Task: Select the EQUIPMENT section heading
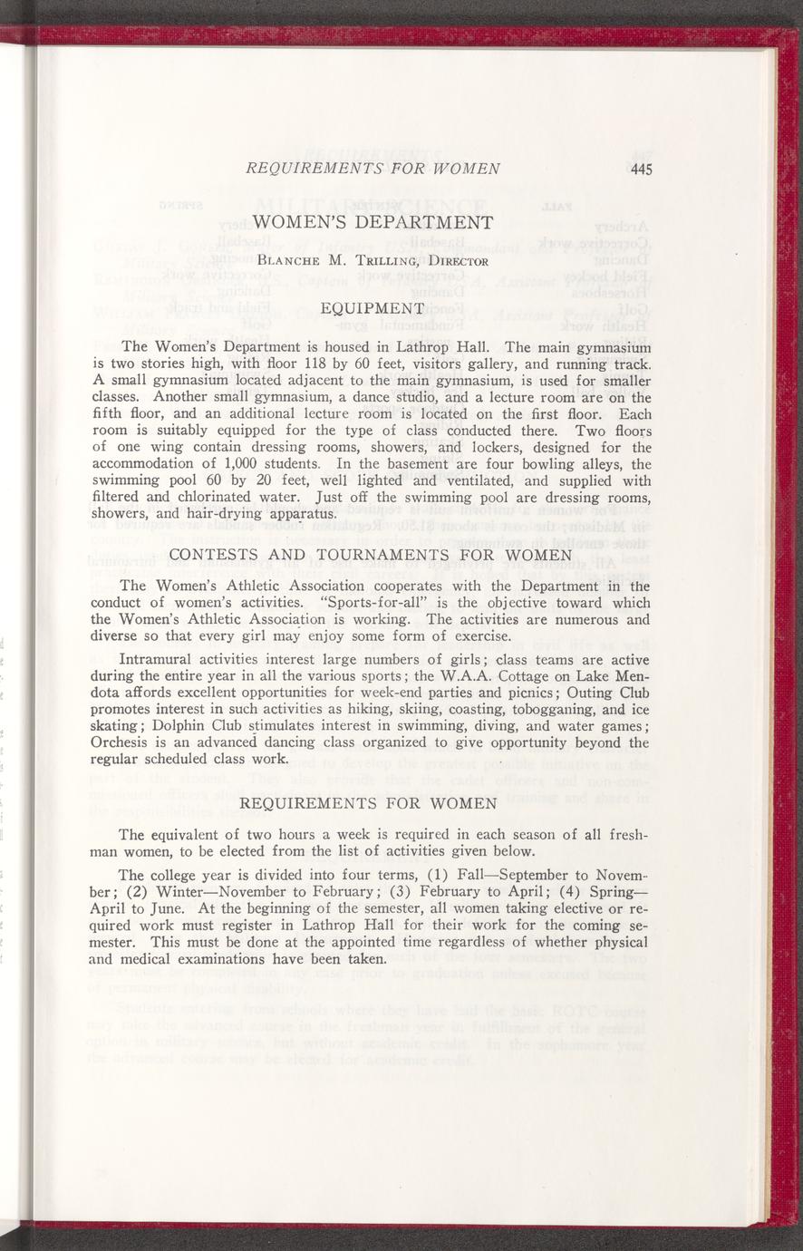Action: pyautogui.click(x=372, y=310)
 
